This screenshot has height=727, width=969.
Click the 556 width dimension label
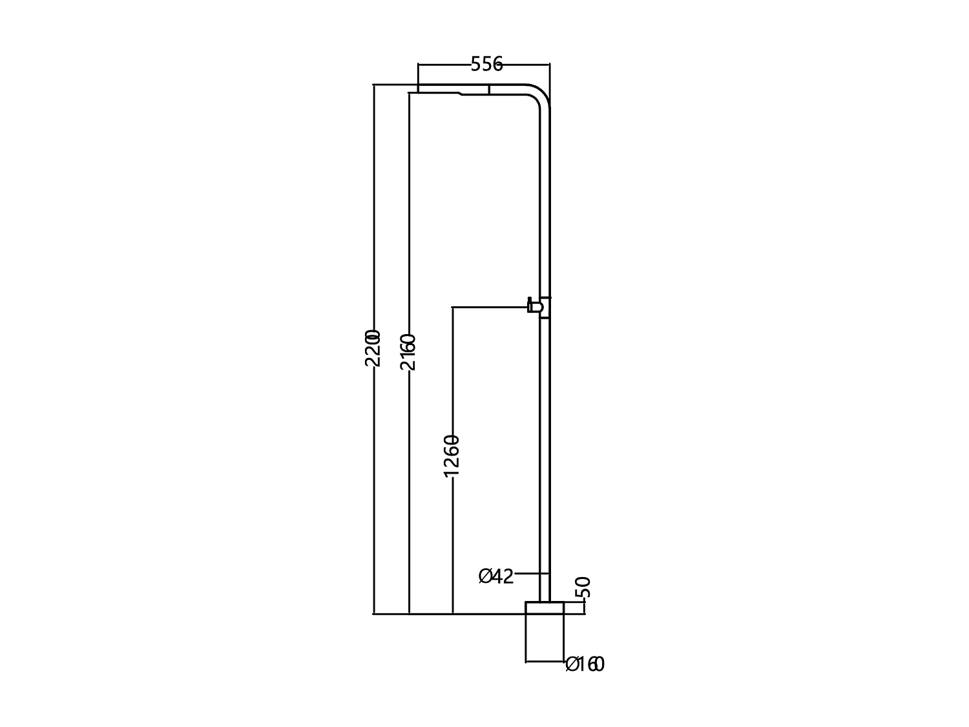486,64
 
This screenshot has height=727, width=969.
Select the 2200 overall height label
373,348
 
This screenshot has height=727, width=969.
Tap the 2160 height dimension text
408,352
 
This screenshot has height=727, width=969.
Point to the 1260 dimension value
452,456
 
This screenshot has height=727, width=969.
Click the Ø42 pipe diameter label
496,576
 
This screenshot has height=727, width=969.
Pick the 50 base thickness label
583,587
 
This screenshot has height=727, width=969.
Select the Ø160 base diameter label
585,664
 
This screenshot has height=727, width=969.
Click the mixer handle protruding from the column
534,306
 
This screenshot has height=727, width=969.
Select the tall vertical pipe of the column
545,420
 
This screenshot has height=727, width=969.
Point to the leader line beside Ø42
531,573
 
